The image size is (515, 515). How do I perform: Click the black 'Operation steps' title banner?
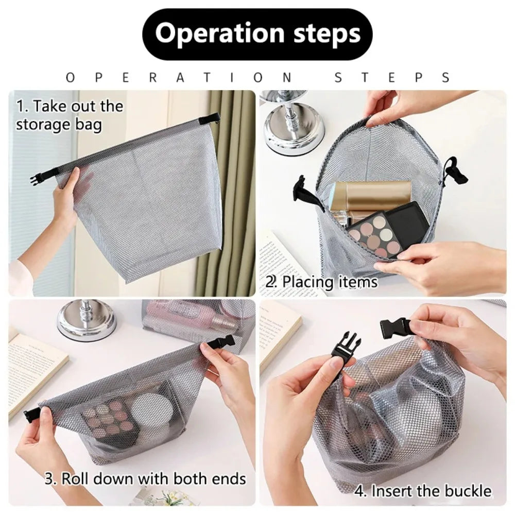pyautogui.click(x=257, y=34)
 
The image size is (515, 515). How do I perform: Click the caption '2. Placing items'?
pyautogui.click(x=322, y=282)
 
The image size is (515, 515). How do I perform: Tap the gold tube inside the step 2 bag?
pyautogui.click(x=371, y=195)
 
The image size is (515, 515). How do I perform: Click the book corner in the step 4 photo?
pyautogui.click(x=278, y=330)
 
